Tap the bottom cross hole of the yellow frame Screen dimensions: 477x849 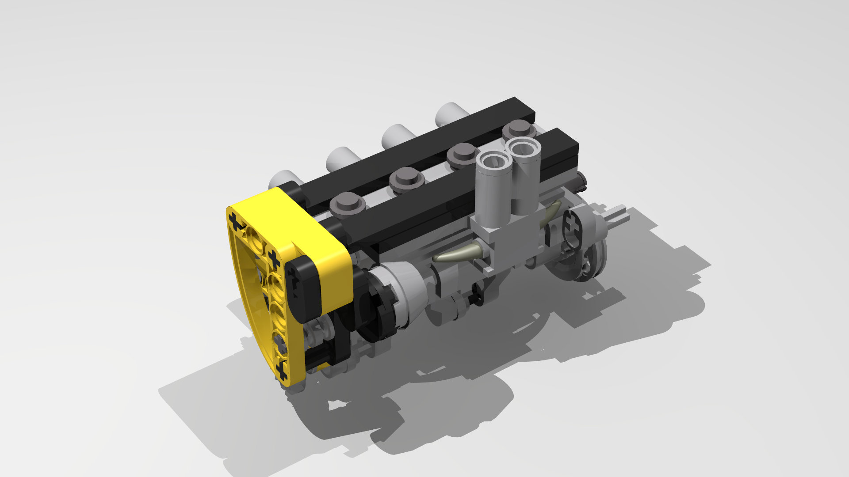(x=282, y=371)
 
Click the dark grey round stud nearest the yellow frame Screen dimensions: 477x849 (x=348, y=203)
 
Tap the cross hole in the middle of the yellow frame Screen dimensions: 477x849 (x=273, y=260)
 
